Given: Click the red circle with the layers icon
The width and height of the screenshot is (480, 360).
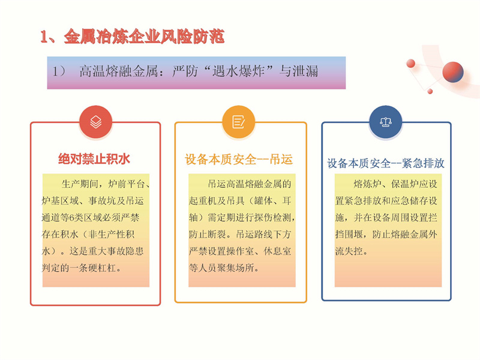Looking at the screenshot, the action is pyautogui.click(x=96, y=122).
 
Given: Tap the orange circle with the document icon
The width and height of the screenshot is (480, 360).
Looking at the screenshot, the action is pyautogui.click(x=238, y=122).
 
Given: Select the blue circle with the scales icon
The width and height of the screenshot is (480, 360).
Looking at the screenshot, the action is pyautogui.click(x=386, y=122).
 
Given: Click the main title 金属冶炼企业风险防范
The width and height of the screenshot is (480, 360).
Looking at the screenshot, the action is pyautogui.click(x=144, y=37).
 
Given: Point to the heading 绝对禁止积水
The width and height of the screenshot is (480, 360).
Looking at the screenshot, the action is pyautogui.click(x=94, y=159).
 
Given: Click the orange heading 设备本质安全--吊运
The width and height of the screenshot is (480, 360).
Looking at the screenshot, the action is pyautogui.click(x=239, y=160).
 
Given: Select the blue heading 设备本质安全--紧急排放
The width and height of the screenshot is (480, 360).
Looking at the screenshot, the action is pyautogui.click(x=386, y=163).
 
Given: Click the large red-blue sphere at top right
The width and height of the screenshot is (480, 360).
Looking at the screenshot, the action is pyautogui.click(x=453, y=72).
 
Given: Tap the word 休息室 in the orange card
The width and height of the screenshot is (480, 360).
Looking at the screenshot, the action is pyautogui.click(x=277, y=251).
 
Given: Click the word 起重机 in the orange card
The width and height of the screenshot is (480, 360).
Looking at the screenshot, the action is pyautogui.click(x=203, y=201).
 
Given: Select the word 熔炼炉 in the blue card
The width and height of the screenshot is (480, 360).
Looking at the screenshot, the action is pyautogui.click(x=367, y=184).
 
